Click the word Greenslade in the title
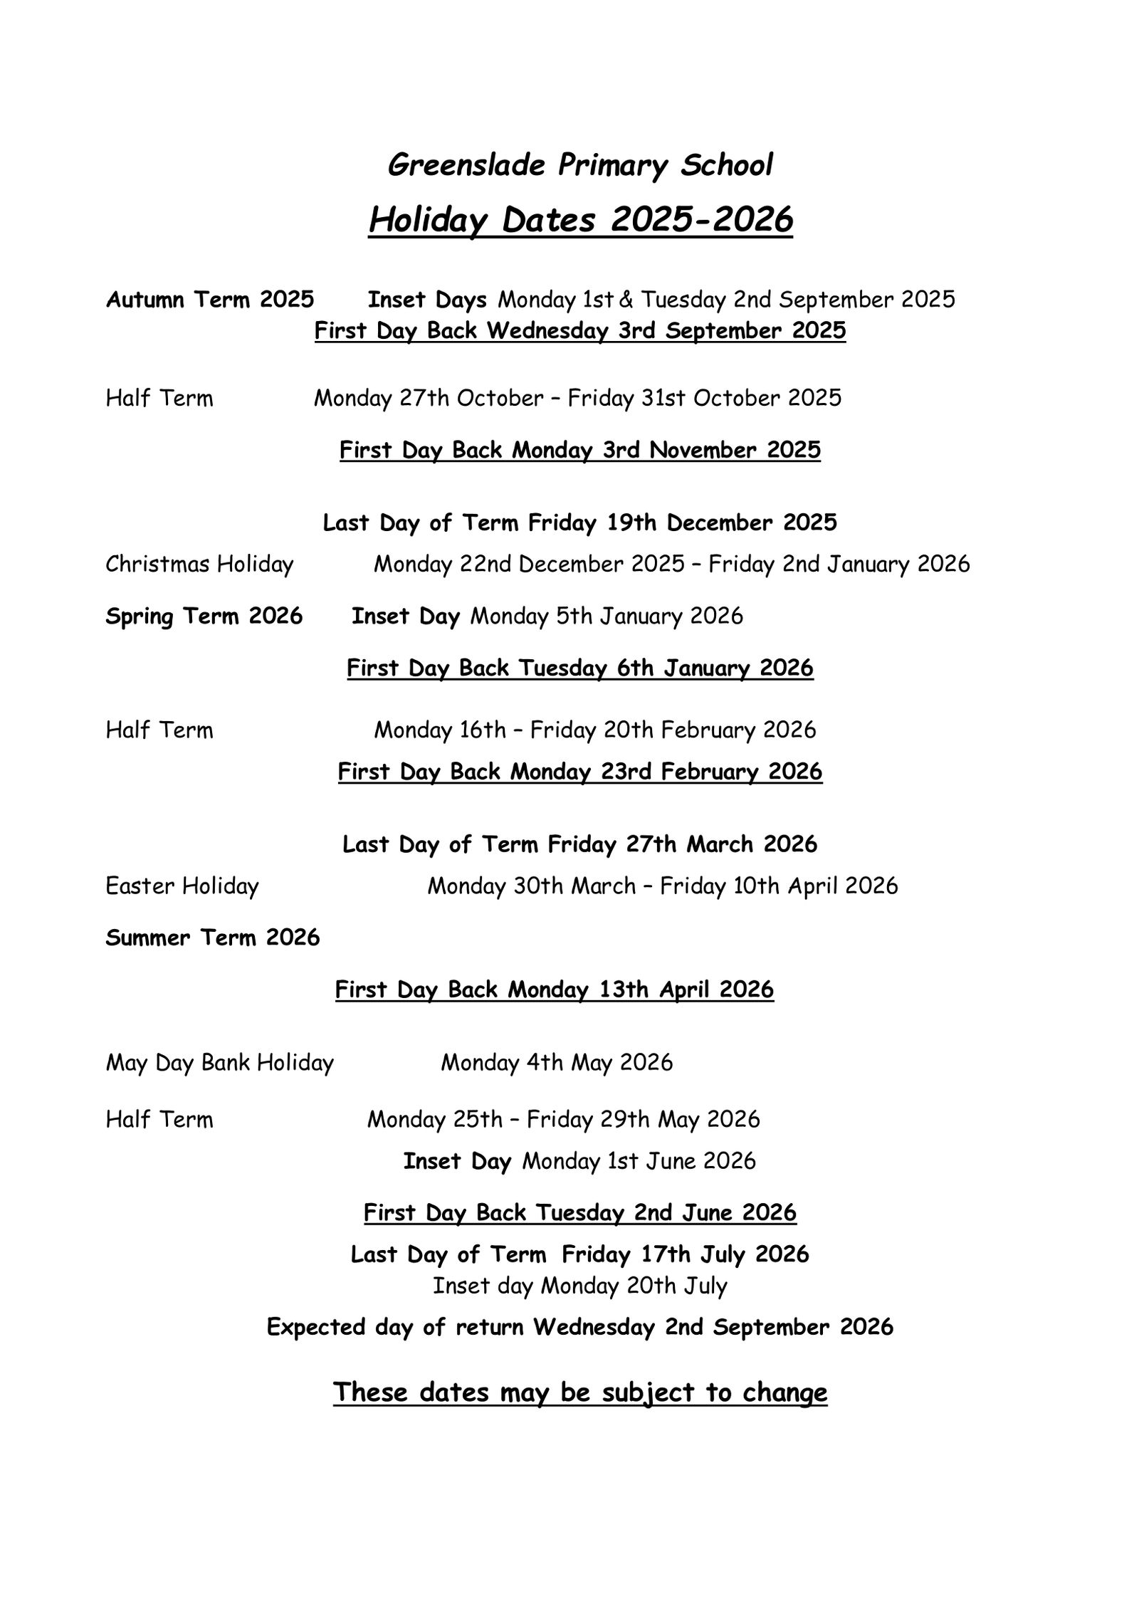(466, 165)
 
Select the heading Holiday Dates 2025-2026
(580, 219)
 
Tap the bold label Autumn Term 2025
(210, 300)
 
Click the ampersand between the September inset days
(626, 300)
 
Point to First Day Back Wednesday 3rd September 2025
(580, 331)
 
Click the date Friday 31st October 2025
(704, 398)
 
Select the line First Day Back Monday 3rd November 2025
(580, 450)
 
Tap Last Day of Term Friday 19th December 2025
(580, 523)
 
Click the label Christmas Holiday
(199, 565)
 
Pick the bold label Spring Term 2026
(204, 616)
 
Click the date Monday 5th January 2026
(607, 616)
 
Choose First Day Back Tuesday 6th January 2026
(580, 668)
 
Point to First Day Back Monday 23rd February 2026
(580, 772)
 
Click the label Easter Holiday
(182, 886)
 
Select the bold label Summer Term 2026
(213, 938)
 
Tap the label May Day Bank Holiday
(220, 1063)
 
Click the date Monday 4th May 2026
(557, 1063)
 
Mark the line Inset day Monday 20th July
(580, 1286)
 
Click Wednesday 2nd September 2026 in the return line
(713, 1327)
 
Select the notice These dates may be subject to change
(580, 1392)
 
